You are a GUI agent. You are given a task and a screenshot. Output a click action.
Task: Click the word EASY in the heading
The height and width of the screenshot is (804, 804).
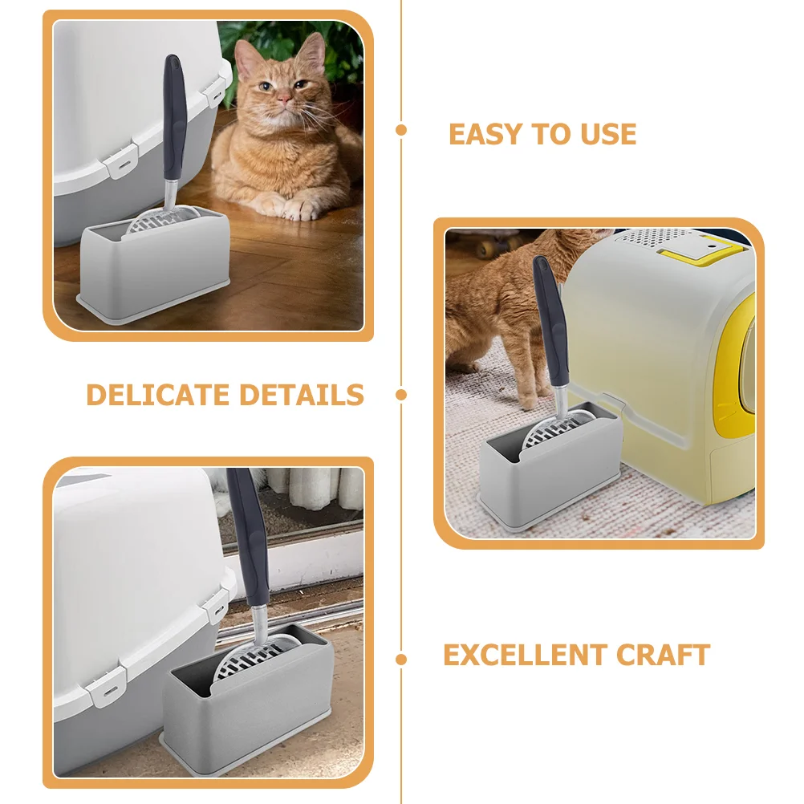click(x=483, y=134)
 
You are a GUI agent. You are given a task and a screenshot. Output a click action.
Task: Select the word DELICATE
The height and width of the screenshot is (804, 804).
click(x=157, y=395)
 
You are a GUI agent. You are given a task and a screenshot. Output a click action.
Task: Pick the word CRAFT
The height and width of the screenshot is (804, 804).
click(x=665, y=655)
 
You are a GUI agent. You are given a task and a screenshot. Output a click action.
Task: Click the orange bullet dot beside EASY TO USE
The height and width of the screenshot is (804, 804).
click(x=401, y=130)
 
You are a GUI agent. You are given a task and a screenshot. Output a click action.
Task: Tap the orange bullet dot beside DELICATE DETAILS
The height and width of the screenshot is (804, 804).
click(x=401, y=395)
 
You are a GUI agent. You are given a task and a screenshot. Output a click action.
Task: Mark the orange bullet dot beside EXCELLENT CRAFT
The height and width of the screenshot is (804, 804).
click(x=401, y=660)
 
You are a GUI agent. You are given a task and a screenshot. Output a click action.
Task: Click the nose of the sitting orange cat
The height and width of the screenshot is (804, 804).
click(x=284, y=99)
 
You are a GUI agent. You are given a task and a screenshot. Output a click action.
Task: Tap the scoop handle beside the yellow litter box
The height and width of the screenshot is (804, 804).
click(x=553, y=321)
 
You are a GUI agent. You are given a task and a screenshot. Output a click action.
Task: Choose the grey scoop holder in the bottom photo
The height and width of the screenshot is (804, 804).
click(x=249, y=706)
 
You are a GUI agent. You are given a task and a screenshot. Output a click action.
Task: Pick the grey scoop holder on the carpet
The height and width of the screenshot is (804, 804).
click(x=550, y=477)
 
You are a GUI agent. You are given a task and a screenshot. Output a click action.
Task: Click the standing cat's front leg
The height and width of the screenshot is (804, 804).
click(x=526, y=377)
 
